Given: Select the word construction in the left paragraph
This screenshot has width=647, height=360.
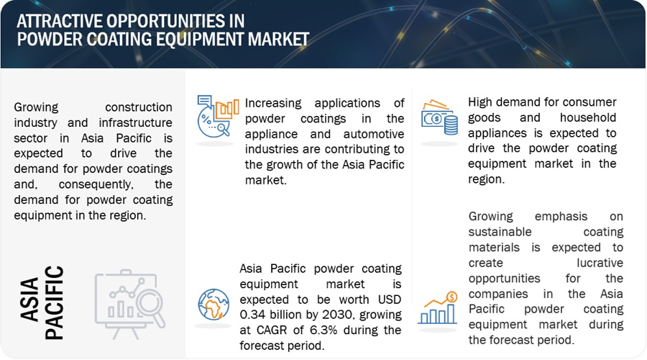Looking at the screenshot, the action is point(138,107).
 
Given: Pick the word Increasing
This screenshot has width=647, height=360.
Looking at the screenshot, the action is point(273,103).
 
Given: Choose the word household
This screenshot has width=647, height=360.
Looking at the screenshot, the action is point(587,117).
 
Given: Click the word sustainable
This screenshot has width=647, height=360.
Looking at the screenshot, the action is point(500,232).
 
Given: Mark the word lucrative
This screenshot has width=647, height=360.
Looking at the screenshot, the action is point(600,263).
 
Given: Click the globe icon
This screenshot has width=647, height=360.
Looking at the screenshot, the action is point(214,305).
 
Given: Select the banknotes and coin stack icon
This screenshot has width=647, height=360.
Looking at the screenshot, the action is point(439,117).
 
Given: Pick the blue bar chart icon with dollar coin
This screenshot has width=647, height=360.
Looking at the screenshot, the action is point(437,308).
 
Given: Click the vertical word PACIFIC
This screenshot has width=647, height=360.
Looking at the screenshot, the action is point(54,302).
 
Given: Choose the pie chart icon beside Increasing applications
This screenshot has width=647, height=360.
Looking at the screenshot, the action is point(217,117).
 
